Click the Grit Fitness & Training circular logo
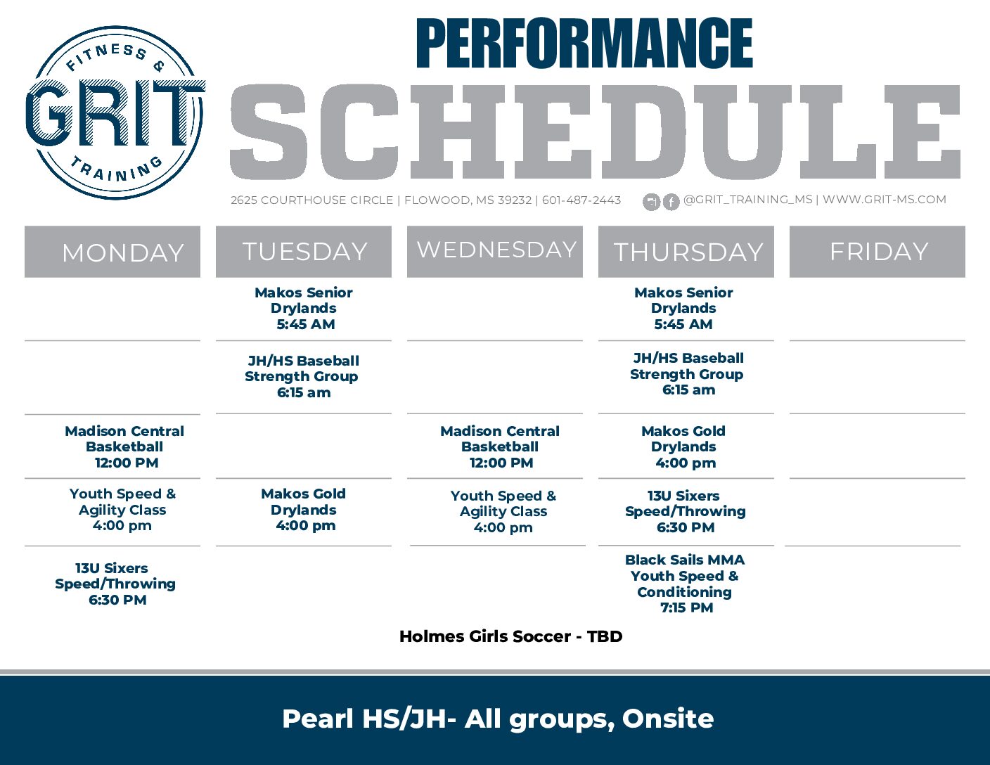point(115,112)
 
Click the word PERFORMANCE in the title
point(584,44)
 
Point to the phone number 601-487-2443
point(581,200)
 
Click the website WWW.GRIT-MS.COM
point(885,200)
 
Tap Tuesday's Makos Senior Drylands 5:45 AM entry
point(304,308)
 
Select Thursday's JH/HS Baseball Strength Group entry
point(687,374)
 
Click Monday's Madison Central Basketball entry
point(124,446)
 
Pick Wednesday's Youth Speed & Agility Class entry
point(503,511)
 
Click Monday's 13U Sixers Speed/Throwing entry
point(115,584)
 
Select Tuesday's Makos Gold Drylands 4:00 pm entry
point(304,510)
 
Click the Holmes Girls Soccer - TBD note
point(510,636)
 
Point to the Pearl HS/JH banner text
point(498,719)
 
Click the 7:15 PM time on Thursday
point(686,608)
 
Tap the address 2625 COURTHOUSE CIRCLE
point(311,200)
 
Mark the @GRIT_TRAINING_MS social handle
point(747,200)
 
